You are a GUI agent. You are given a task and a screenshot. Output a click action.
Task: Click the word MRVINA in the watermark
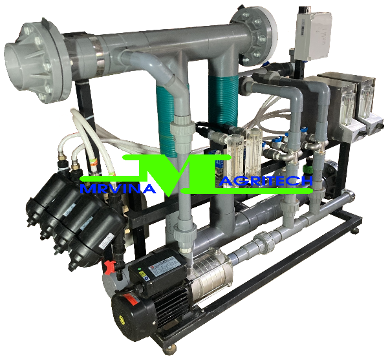(118, 189)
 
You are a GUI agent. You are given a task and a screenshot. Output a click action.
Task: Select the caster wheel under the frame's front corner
(171, 350)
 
